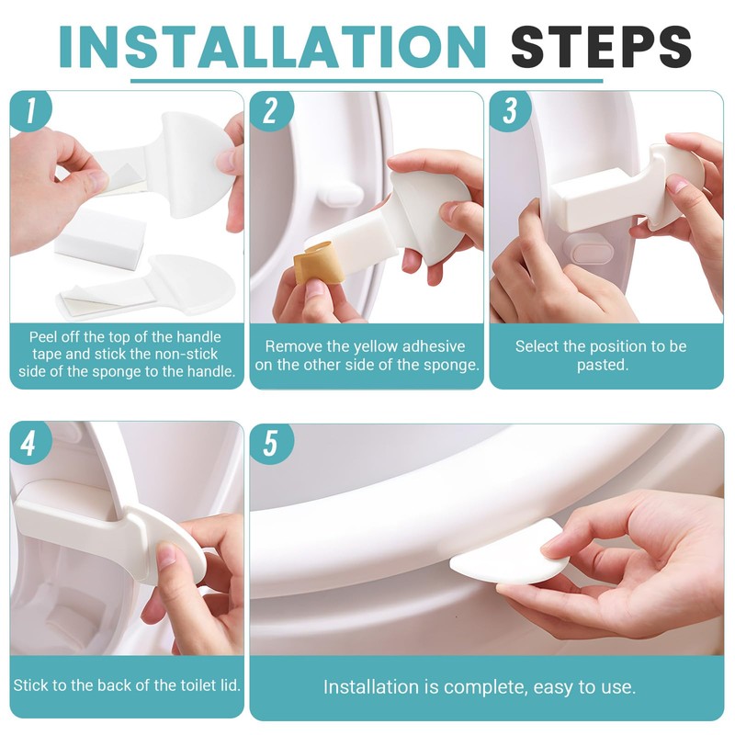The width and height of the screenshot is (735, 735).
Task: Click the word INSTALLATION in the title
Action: (272, 47)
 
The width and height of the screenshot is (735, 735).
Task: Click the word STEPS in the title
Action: (601, 47)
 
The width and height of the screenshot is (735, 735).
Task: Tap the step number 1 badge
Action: (30, 110)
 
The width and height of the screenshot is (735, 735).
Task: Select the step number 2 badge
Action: (271, 110)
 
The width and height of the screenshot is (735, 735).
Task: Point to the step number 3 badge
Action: (510, 110)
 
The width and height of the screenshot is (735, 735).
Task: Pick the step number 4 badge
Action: (29, 442)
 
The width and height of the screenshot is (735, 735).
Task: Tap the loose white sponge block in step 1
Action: (101, 239)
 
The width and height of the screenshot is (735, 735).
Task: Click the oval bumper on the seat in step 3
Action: (589, 248)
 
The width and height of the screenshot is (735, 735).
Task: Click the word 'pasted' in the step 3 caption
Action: (601, 365)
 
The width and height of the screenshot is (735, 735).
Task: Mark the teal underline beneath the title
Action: (367, 81)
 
